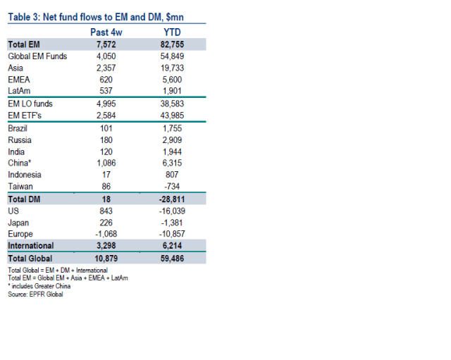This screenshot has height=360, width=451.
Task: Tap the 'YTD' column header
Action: click(171, 32)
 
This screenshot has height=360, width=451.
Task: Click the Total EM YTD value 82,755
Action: click(171, 44)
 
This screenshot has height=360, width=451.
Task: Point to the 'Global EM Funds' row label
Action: click(37, 56)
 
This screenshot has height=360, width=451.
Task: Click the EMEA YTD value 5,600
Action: click(171, 80)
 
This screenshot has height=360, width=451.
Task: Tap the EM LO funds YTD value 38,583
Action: click(171, 104)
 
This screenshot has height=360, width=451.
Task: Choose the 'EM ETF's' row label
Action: click(25, 116)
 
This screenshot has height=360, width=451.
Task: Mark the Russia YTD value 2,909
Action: click(171, 139)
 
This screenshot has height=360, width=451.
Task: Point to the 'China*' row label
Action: click(20, 163)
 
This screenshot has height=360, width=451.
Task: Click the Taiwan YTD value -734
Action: click(171, 187)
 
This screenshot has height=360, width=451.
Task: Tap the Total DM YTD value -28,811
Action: click(171, 199)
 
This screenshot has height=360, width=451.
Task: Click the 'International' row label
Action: click(31, 246)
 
